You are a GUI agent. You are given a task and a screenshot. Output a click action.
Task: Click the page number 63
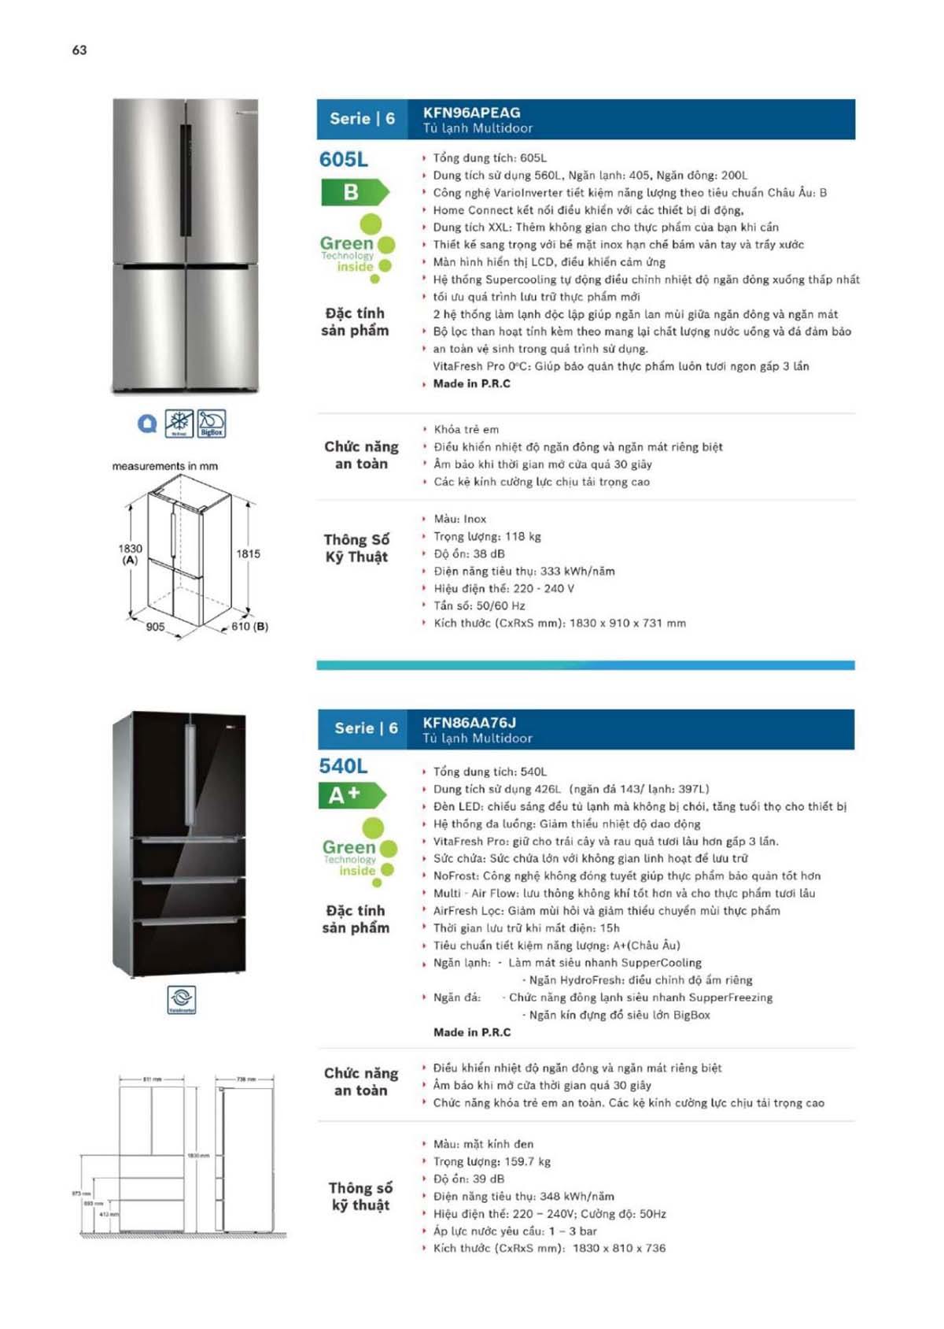[79, 50]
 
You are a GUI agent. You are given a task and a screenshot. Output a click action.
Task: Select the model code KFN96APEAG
[471, 113]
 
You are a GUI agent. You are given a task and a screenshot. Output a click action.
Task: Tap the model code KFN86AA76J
[469, 722]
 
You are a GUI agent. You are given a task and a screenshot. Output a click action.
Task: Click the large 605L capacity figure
[343, 160]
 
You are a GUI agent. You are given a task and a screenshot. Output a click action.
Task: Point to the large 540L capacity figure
[343, 766]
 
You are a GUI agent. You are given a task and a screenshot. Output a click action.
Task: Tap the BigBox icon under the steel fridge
[211, 423]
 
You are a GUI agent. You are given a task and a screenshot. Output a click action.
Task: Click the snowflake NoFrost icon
[179, 423]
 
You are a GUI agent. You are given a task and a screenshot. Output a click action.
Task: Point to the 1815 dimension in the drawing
[248, 553]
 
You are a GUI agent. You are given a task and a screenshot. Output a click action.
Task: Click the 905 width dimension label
[155, 627]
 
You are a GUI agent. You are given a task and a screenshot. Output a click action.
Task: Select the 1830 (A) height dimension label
[130, 553]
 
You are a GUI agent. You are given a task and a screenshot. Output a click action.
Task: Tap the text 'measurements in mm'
[164, 466]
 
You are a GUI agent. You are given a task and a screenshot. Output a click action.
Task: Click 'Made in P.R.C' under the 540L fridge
[471, 1032]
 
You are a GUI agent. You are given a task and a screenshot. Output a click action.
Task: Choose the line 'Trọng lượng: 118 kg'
[487, 536]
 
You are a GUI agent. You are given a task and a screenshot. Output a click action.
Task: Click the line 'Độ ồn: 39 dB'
[469, 1179]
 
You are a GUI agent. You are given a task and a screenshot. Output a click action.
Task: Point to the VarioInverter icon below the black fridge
[182, 999]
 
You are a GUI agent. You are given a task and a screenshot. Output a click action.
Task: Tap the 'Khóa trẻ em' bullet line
[466, 429]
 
